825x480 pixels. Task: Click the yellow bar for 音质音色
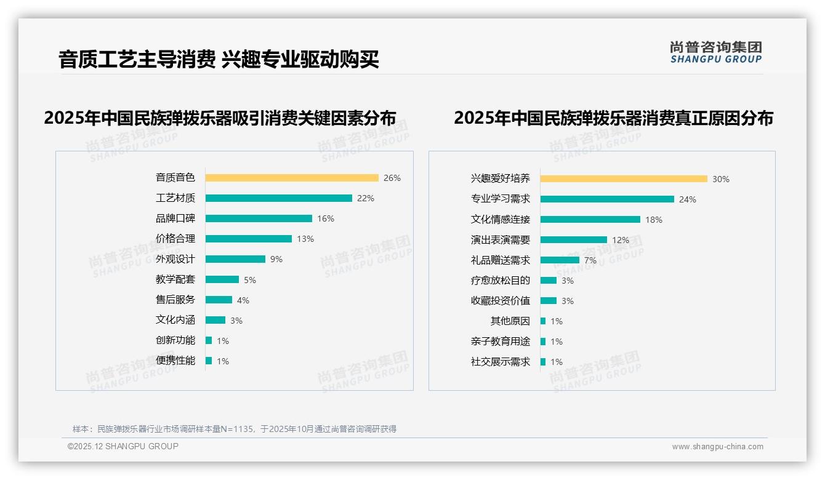(x=292, y=178)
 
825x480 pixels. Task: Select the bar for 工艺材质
(x=278, y=198)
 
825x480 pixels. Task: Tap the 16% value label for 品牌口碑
(x=326, y=218)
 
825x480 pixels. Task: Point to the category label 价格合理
(x=175, y=239)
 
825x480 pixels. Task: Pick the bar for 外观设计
(x=235, y=259)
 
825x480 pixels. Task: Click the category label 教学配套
(x=175, y=279)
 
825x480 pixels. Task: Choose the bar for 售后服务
(x=219, y=300)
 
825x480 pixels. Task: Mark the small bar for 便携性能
(x=209, y=361)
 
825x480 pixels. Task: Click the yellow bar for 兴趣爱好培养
(x=624, y=179)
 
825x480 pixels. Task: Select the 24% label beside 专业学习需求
(x=688, y=199)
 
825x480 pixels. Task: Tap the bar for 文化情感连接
(x=590, y=219)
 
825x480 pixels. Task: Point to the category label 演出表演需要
(x=501, y=240)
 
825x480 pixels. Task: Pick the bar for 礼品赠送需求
(x=560, y=260)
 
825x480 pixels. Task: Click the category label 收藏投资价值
(x=501, y=301)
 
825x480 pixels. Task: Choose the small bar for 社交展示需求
(x=543, y=362)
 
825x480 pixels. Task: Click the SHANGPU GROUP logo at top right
(x=716, y=52)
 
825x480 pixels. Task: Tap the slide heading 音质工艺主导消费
(x=136, y=60)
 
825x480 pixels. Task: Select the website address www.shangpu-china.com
(x=717, y=447)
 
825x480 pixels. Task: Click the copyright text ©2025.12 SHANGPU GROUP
(x=123, y=446)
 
